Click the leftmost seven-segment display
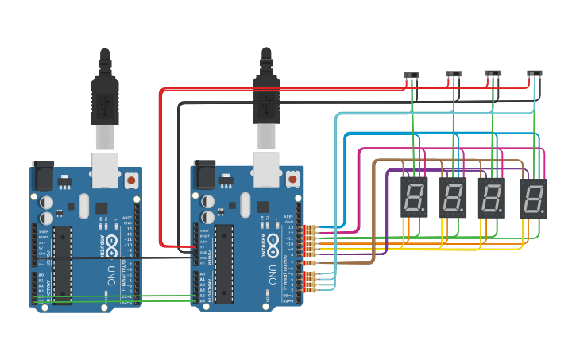click(x=414, y=197)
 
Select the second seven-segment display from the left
click(x=453, y=198)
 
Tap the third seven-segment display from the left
click(x=492, y=198)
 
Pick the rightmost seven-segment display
click(x=533, y=199)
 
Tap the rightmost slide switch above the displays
click(x=535, y=75)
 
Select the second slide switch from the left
click(x=453, y=75)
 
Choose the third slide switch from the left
click(x=493, y=75)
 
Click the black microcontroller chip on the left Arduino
click(x=64, y=263)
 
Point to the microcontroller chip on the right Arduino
click(x=224, y=263)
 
